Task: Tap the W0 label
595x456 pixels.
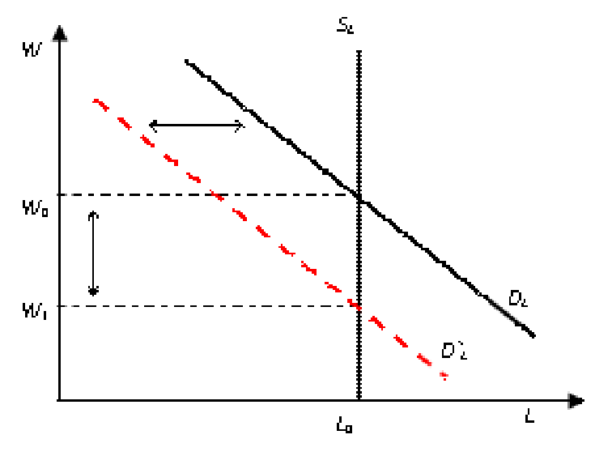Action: (x=33, y=209)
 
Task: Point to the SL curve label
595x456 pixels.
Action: (x=346, y=26)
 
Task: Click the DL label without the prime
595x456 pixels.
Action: (x=519, y=298)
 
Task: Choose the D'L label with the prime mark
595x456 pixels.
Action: (x=455, y=351)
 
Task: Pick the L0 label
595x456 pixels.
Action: (x=344, y=425)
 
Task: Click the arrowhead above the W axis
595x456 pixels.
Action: (x=59, y=33)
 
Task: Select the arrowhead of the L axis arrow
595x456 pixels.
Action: (x=574, y=400)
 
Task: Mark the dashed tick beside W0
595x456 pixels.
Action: (x=69, y=195)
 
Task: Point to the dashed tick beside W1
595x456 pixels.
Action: (x=69, y=306)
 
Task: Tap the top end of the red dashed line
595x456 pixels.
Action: (x=96, y=101)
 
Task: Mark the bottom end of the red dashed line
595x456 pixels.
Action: (x=443, y=375)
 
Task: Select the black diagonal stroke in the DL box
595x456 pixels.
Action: (x=503, y=311)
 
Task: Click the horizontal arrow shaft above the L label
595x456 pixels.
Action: (x=534, y=400)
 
